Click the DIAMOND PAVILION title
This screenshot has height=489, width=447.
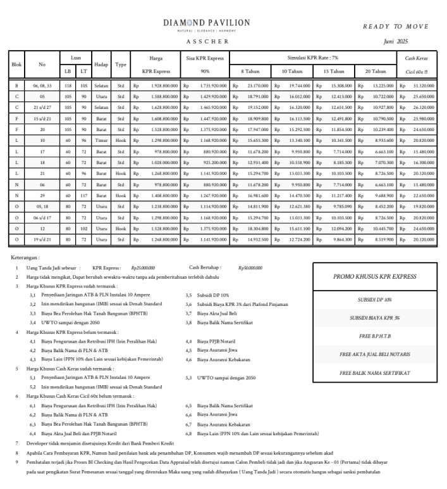point(206,23)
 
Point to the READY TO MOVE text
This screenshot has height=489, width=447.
point(395,27)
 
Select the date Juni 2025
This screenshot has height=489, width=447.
point(396,41)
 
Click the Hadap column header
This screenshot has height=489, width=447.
point(101,65)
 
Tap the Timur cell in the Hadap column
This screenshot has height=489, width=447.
point(101,139)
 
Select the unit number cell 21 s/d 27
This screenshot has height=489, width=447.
point(42,108)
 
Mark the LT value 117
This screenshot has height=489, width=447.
point(83,196)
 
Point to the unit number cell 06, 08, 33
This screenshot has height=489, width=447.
point(42,85)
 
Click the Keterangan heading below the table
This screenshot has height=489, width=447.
point(25,258)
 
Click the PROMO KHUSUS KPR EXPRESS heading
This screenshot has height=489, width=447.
point(374,277)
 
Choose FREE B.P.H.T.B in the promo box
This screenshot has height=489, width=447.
point(374,336)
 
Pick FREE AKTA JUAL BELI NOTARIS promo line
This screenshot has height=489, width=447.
point(374,354)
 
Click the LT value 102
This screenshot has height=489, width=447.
point(83,229)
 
